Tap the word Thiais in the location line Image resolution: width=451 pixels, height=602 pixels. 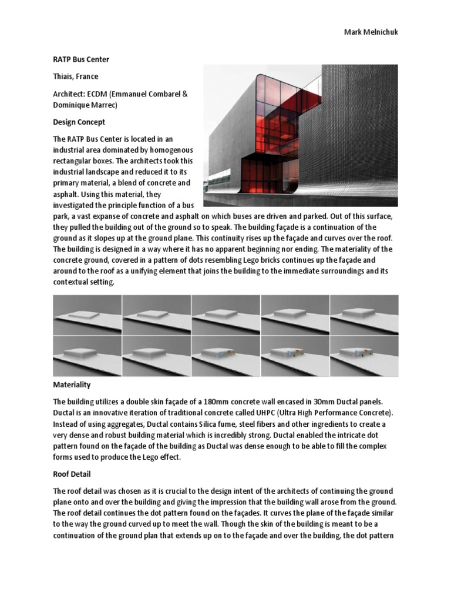click(x=64, y=76)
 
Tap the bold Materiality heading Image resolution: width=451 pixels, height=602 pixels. click(x=72, y=385)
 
